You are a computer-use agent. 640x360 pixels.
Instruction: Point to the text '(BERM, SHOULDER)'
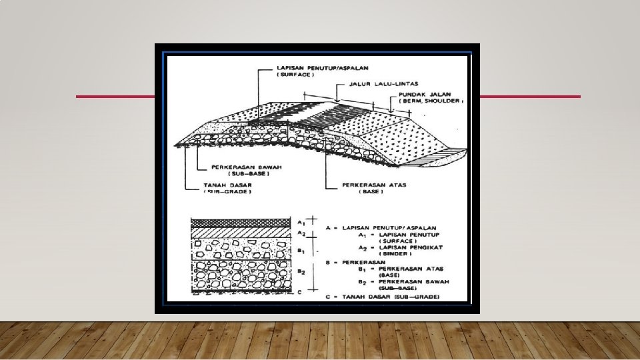click(430, 101)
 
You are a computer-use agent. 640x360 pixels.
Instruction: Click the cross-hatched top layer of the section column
click(241, 223)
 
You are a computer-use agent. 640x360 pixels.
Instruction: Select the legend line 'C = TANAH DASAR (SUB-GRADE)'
click(383, 297)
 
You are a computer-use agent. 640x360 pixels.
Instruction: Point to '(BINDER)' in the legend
click(393, 253)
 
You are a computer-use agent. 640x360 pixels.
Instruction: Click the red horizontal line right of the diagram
click(530, 97)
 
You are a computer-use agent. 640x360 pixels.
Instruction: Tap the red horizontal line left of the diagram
click(115, 97)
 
